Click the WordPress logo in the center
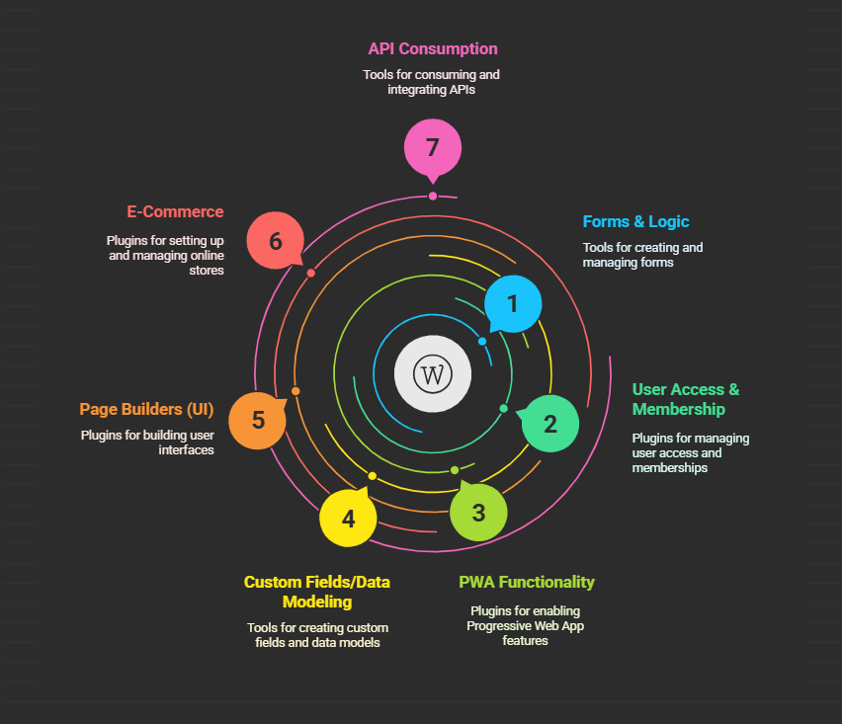point(433,374)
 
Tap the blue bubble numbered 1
point(513,304)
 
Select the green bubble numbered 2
point(549,424)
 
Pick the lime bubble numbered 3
point(478,512)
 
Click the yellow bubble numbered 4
point(349,518)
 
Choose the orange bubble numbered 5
point(257,420)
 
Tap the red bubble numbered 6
point(276,240)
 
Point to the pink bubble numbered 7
point(433,148)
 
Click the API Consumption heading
point(433,48)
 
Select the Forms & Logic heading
point(635,221)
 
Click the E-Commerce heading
point(175,212)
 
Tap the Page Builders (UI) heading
point(146,410)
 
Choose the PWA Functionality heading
point(527,583)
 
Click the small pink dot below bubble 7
point(433,197)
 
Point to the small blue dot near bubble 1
point(482,342)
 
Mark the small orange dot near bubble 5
point(295,391)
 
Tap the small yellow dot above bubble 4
point(373,476)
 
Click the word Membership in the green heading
point(679,410)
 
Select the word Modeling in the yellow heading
point(317,603)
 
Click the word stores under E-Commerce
point(207,271)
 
